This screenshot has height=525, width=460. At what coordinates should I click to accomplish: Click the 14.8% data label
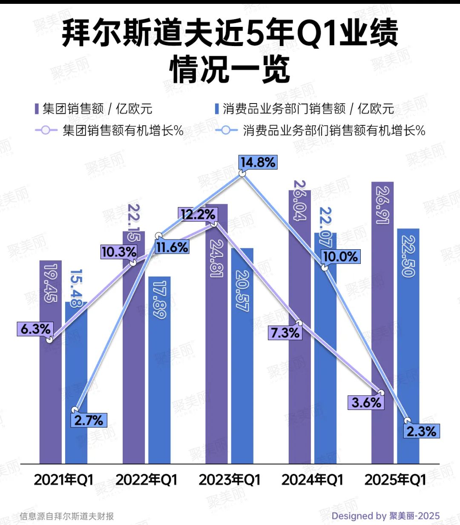tap(258, 162)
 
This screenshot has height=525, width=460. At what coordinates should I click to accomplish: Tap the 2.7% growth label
tap(89, 420)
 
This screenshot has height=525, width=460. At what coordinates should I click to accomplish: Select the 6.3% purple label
tap(35, 329)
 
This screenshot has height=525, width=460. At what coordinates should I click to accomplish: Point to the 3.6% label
tap(366, 402)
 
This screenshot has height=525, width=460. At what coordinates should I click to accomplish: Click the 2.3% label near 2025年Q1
tap(421, 431)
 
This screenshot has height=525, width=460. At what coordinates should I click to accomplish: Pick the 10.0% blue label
tap(340, 257)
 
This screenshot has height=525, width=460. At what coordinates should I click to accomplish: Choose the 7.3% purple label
tap(285, 332)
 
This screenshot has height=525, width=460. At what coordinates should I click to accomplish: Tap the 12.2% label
tap(198, 214)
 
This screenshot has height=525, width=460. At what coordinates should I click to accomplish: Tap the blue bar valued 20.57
tap(242, 362)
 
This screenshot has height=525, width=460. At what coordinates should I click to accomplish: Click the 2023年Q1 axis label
tap(229, 480)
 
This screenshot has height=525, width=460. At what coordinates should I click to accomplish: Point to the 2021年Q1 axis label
tap(63, 480)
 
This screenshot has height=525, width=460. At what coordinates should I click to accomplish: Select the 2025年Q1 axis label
tap(395, 480)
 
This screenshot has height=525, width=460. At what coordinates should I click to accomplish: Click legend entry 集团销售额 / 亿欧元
tap(93, 109)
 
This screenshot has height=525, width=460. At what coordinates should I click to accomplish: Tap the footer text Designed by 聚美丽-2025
tap(385, 516)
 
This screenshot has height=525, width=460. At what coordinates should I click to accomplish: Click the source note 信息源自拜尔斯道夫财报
tap(67, 516)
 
